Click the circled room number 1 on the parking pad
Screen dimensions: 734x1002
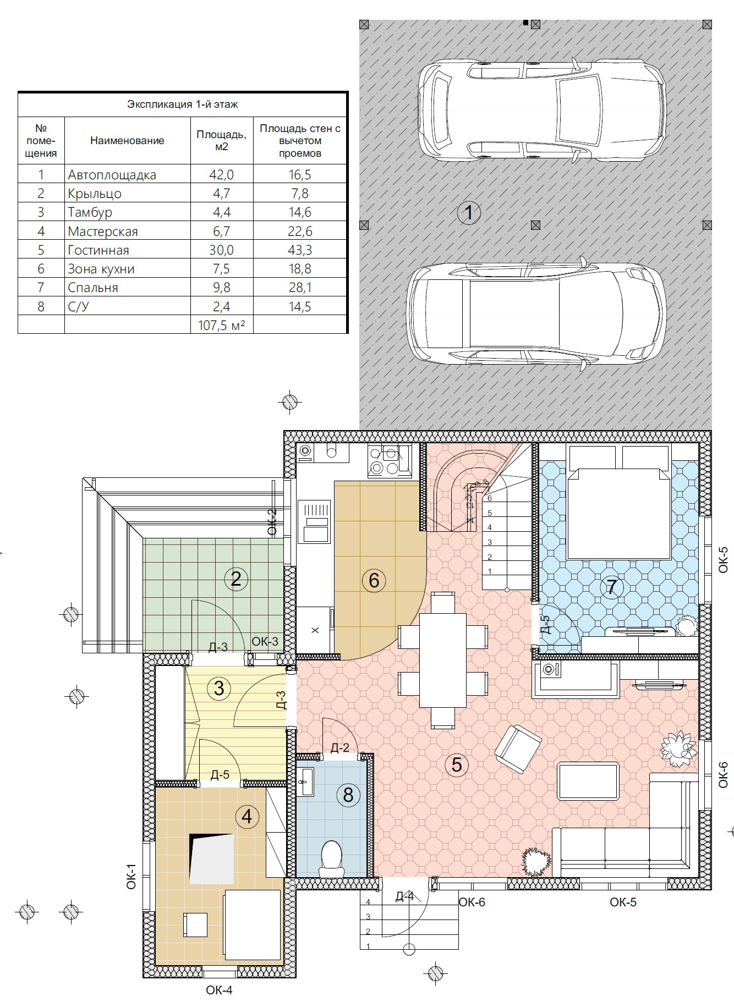click(469, 212)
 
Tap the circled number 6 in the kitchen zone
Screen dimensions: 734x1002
click(374, 580)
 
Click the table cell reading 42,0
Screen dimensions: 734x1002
click(222, 175)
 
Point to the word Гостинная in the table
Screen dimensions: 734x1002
click(98, 250)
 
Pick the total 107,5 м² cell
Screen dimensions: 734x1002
click(222, 325)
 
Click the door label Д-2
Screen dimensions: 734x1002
click(340, 747)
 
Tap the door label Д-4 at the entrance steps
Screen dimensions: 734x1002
click(404, 896)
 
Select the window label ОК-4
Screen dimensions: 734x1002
click(220, 990)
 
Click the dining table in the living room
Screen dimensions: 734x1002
click(443, 660)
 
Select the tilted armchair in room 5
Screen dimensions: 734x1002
click(518, 750)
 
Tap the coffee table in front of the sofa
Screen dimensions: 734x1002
click(588, 781)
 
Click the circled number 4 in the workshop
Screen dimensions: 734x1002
click(247, 817)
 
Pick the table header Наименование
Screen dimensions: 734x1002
click(127, 140)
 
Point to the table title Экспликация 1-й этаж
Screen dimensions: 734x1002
click(183, 104)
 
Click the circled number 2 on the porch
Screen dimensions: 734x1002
click(236, 579)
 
